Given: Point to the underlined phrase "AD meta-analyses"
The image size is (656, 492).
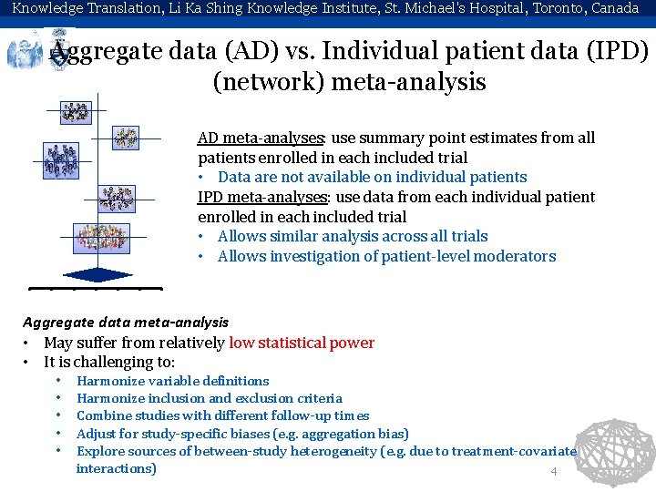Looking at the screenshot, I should click(261, 138).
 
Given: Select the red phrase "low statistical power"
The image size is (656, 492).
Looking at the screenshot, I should click(302, 343).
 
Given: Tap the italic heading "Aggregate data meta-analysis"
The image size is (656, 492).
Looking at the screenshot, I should click(126, 322).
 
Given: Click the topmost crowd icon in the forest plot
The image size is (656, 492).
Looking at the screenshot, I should click(75, 112).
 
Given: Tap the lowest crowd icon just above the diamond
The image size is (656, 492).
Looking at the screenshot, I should click(100, 239).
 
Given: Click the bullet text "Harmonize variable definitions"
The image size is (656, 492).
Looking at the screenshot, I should click(172, 381).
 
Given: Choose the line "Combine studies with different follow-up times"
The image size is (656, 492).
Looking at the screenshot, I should click(222, 415).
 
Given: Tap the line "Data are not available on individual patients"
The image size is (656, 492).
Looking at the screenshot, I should click(372, 177).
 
